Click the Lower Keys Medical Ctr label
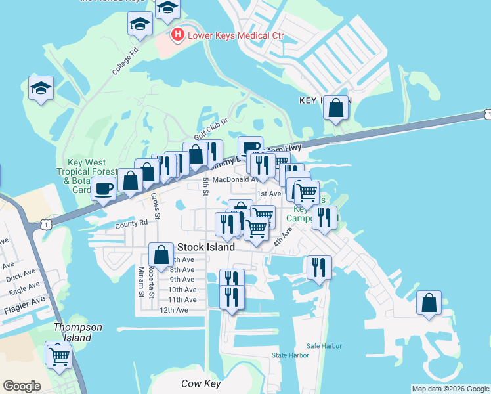pos(235,35)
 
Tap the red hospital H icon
pos(177,34)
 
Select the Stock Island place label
pos(206,248)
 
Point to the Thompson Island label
pos(78,332)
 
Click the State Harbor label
pos(290,355)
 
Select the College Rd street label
pos(125,60)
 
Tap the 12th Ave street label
pos(173,310)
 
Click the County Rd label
pos(131,223)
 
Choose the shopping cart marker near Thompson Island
pos(59,356)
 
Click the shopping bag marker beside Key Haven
pos(336,109)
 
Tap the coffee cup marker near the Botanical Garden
pos(103,188)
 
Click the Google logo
pos(22,386)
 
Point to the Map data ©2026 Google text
pos(450,389)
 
